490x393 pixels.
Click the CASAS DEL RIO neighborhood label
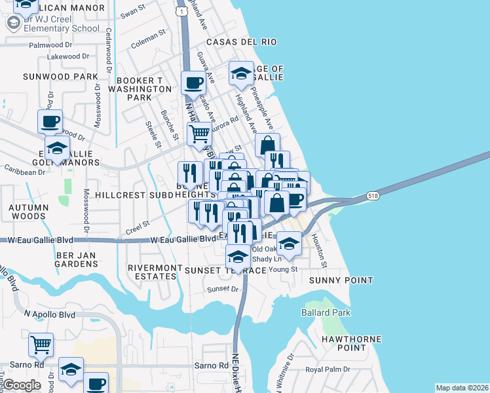[x=241, y=42]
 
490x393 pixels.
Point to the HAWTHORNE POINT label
[x=344, y=343]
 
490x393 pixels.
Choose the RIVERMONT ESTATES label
[x=152, y=272]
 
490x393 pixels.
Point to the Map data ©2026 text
[x=462, y=388]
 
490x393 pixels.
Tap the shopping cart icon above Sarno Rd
[x=41, y=344]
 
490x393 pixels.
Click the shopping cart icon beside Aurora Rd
[x=199, y=134]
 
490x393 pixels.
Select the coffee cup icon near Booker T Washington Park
[x=193, y=83]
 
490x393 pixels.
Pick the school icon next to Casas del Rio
[x=241, y=73]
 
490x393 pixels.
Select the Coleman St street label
[x=145, y=45]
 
